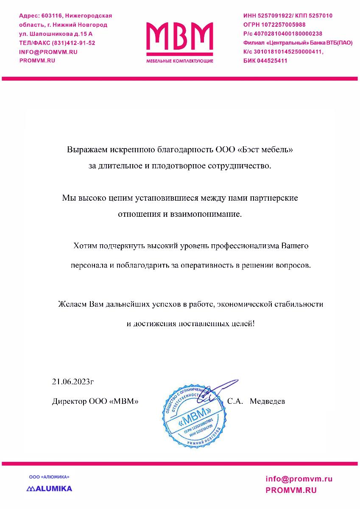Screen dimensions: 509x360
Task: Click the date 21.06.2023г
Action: pyautogui.click(x=73, y=381)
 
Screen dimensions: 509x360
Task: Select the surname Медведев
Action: pyautogui.click(x=268, y=401)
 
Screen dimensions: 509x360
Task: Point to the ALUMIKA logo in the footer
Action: pyautogui.click(x=49, y=488)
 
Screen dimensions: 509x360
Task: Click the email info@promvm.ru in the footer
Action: pyautogui.click(x=299, y=479)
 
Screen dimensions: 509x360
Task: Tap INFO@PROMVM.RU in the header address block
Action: pyautogui.click(x=48, y=52)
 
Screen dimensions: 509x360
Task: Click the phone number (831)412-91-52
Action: pyautogui.click(x=73, y=43)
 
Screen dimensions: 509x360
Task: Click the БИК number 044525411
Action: pyautogui.click(x=272, y=61)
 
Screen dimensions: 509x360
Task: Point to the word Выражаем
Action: pyautogui.click(x=87, y=150)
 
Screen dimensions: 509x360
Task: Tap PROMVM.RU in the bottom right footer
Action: pyautogui.click(x=291, y=490)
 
